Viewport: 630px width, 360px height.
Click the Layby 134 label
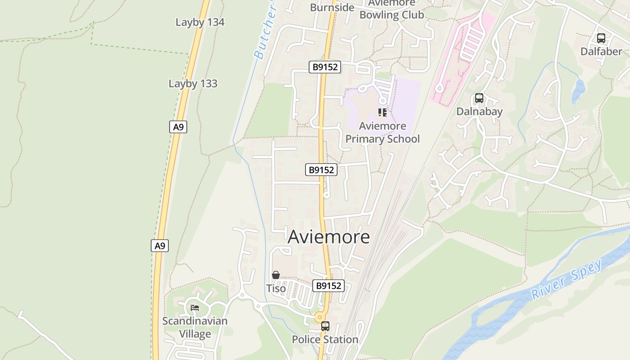tap(200, 22)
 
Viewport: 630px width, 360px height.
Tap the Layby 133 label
tap(193, 83)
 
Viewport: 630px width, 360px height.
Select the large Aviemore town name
tap(328, 237)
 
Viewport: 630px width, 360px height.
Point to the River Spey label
tap(567, 279)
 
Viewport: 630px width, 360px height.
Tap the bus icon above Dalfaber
tap(601, 38)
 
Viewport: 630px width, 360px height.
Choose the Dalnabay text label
tap(479, 111)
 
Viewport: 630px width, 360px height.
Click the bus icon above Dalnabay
tap(479, 98)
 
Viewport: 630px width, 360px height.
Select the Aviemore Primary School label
tap(382, 132)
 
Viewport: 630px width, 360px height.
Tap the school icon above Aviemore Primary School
tap(382, 112)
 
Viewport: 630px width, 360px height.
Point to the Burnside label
tap(333, 7)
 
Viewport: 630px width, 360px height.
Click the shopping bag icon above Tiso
tap(276, 275)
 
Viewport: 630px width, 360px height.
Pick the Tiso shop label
tap(276, 288)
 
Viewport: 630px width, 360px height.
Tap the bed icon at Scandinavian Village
tap(195, 308)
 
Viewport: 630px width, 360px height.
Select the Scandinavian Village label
tap(195, 327)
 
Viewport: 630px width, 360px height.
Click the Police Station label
tap(325, 339)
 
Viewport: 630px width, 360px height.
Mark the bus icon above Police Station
tap(325, 326)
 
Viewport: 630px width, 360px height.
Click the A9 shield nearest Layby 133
tap(179, 127)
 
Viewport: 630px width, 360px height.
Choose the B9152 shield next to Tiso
tap(328, 286)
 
